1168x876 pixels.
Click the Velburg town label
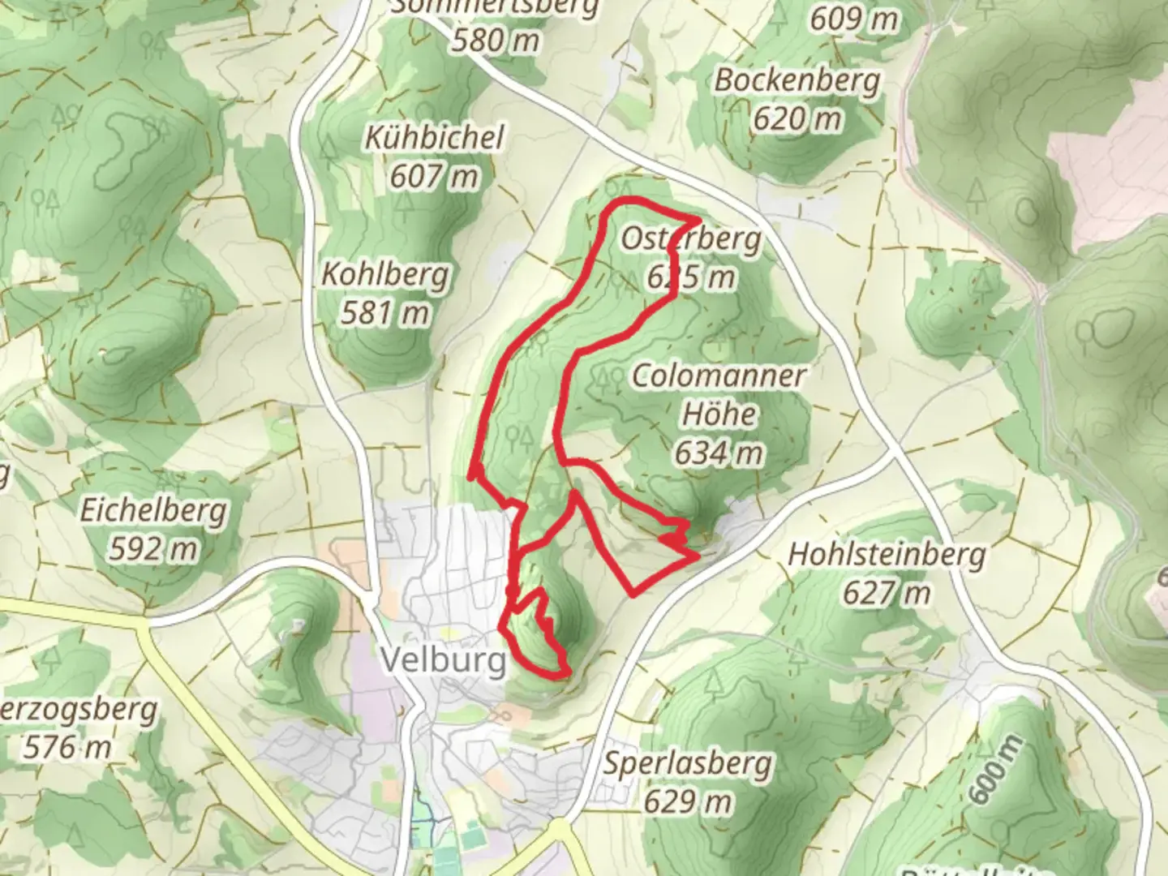tap(443, 660)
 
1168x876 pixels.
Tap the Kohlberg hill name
tap(385, 274)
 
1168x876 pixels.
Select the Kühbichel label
tap(435, 137)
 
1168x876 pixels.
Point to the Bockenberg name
tap(797, 80)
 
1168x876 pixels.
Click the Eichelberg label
tap(153, 511)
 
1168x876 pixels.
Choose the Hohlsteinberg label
tap(887, 555)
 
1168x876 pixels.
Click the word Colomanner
tap(719, 376)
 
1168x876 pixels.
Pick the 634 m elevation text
tap(719, 453)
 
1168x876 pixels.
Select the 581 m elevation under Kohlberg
tap(384, 312)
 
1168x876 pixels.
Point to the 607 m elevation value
tap(434, 175)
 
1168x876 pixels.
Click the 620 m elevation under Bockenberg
tap(797, 119)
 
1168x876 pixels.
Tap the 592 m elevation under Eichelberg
tap(153, 549)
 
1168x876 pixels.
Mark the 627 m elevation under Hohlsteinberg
tap(887, 593)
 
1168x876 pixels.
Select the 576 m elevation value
tap(67, 746)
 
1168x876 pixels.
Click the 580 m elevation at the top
tap(495, 39)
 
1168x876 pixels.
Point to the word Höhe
tap(719, 414)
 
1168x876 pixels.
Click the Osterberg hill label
tap(691, 239)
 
